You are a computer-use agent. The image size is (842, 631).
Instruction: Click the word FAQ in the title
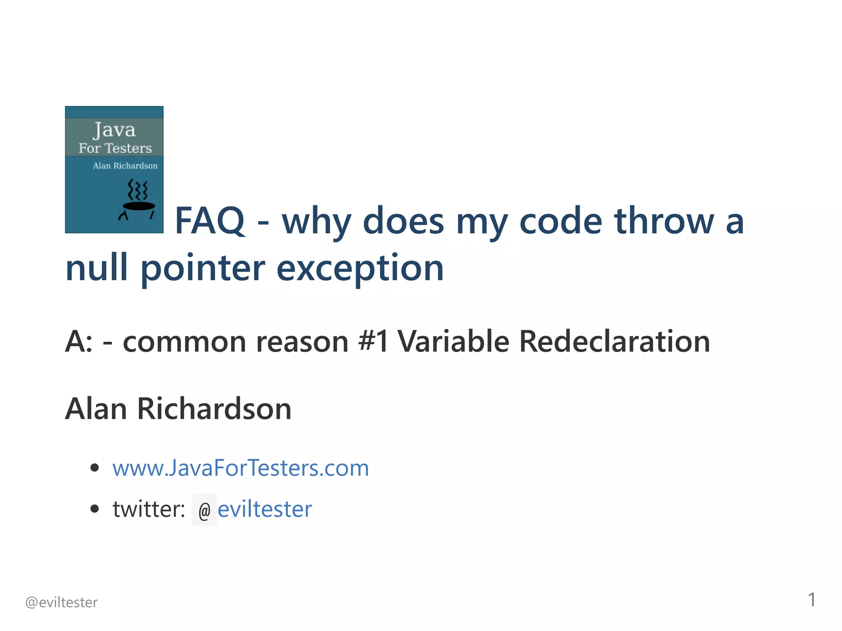point(210,221)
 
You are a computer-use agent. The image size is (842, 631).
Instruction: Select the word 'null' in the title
point(97,268)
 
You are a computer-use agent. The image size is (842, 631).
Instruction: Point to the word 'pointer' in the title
point(203,268)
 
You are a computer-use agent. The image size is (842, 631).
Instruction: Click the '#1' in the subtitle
point(373,341)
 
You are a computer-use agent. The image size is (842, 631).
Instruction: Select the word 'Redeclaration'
point(614,341)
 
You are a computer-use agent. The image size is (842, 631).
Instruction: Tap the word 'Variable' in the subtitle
point(453,341)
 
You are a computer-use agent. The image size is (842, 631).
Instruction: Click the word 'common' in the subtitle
point(184,341)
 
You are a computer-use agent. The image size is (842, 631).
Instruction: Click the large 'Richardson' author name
point(214,409)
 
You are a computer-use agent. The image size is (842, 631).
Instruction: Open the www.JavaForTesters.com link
point(241,468)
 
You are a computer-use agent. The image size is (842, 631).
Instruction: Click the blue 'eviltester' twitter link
point(265,509)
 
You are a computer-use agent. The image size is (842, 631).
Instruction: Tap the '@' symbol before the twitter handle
point(204,511)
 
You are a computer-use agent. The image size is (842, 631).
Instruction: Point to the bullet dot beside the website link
point(95,467)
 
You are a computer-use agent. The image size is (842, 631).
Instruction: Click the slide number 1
point(812,600)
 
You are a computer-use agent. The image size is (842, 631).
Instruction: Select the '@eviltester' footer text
point(62,602)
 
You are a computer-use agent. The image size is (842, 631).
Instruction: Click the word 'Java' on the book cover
point(114,130)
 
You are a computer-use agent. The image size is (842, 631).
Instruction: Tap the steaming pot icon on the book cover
point(138,199)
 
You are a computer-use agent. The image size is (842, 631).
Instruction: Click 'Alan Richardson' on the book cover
point(125,166)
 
